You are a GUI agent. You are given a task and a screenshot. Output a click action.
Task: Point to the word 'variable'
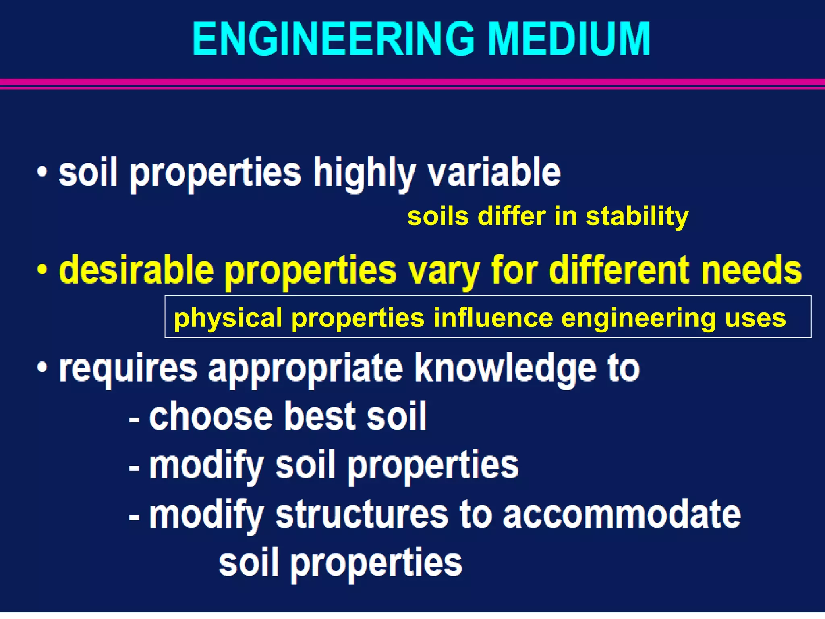pos(494,172)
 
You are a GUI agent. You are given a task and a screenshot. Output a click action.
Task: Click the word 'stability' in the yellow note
pos(637,217)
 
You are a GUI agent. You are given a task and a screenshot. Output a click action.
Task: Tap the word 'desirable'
pos(136,270)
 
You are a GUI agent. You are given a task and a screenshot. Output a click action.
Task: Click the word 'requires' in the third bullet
pos(128,368)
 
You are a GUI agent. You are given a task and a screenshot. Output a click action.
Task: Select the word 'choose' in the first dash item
pos(211,416)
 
